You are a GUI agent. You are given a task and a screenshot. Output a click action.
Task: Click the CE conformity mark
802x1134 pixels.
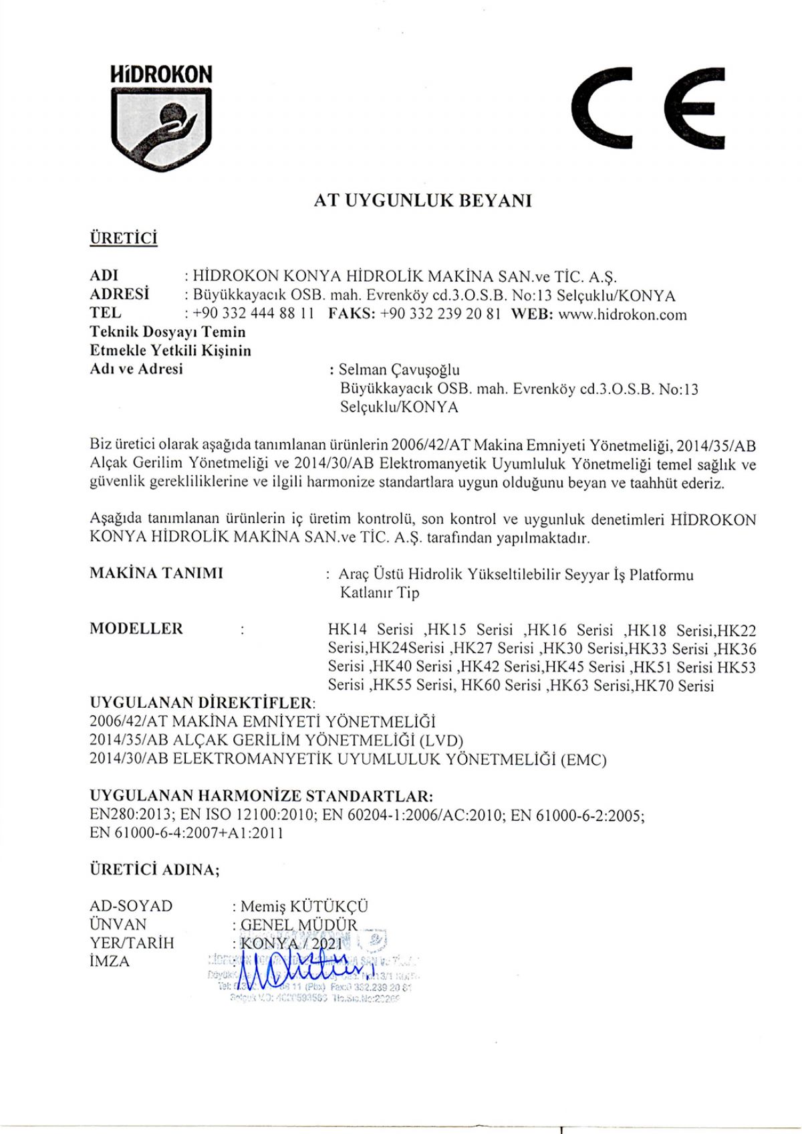pos(648,107)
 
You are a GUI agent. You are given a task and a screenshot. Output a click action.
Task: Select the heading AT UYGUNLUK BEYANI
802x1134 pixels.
pos(422,201)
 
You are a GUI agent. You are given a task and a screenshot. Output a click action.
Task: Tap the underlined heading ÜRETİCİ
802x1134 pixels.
pos(123,239)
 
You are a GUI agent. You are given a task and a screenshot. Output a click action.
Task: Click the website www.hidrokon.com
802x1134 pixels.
pos(622,315)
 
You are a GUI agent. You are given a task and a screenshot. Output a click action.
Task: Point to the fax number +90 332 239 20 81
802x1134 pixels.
pos(440,315)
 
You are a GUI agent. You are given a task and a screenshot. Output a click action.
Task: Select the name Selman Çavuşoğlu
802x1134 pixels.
pos(399,370)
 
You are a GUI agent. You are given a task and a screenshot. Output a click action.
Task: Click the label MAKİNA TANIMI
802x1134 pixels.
pos(156,573)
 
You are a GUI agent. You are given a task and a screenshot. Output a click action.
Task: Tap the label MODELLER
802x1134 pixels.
pos(136,629)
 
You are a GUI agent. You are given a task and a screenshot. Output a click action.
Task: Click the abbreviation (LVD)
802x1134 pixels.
pos(441,741)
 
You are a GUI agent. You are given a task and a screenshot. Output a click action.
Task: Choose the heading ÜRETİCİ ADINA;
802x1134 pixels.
pos(154,870)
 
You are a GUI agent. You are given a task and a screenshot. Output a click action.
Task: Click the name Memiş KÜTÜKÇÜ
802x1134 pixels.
pos(304,907)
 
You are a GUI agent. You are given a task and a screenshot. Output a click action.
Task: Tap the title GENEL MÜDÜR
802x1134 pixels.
pos(299,925)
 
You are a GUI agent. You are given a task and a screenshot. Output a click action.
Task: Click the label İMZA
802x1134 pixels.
pos(110,962)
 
